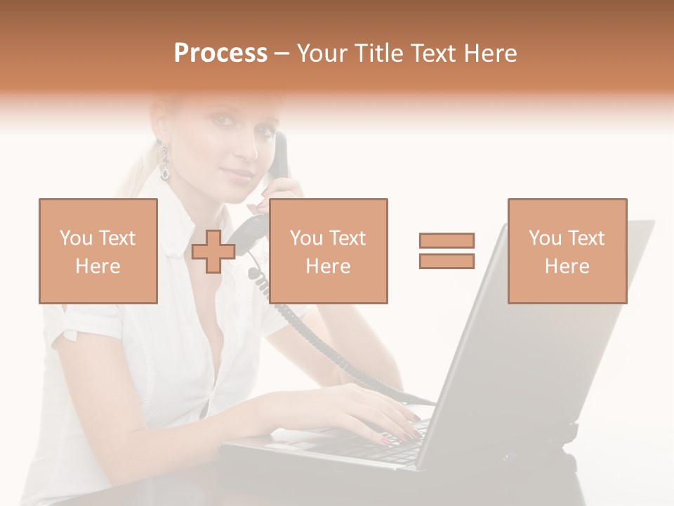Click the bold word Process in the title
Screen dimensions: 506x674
(220, 53)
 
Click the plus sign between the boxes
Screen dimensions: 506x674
(213, 252)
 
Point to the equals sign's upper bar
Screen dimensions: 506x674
(447, 241)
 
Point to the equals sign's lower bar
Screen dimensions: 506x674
(447, 261)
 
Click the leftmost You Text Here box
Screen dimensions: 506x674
(98, 251)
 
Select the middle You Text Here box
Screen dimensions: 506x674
(328, 251)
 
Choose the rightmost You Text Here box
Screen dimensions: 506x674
(567, 251)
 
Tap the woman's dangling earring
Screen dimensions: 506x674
(165, 163)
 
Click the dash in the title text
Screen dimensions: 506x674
(282, 53)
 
